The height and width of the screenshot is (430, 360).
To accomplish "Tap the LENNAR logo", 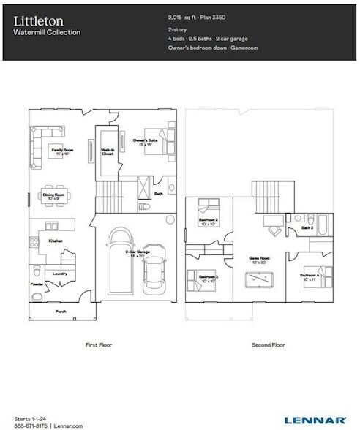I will coord(323,420).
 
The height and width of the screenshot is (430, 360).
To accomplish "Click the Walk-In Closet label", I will coord(107,152).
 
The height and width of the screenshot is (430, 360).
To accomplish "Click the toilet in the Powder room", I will coord(37,295).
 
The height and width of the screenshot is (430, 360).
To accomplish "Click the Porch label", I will coord(61,310).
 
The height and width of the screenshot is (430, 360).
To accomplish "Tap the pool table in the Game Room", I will coord(260,279).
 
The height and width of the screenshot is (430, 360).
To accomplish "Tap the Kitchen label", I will coord(56,240).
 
